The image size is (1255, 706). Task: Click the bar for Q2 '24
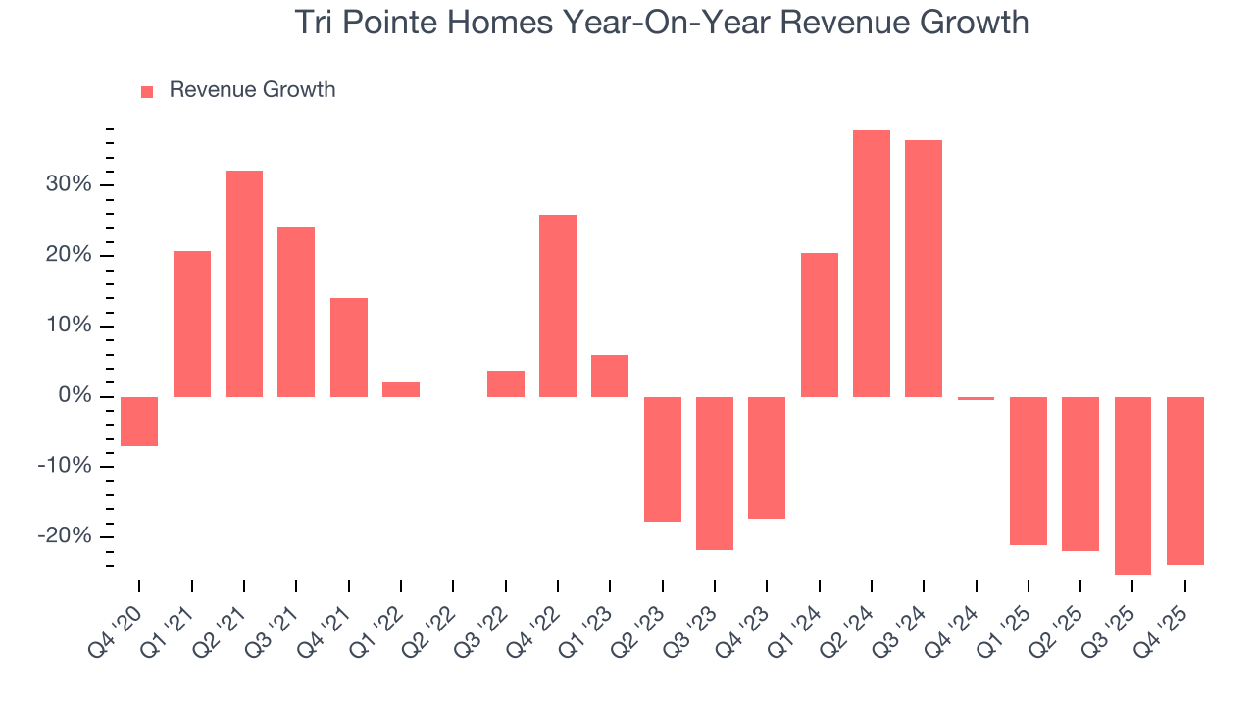[x=871, y=263]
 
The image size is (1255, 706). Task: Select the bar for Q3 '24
[x=924, y=268]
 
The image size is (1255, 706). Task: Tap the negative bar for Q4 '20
[x=139, y=421]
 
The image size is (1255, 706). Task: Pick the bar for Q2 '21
[x=244, y=283]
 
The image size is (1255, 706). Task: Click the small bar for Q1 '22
[x=401, y=389]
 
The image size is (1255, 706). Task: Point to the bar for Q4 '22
[x=558, y=305]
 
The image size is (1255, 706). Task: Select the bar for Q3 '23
[x=715, y=473]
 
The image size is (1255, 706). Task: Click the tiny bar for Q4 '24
[x=976, y=398]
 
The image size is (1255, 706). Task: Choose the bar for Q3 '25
[x=1132, y=485]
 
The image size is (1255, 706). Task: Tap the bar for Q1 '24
[x=819, y=325]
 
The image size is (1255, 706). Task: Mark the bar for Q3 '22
[x=506, y=383]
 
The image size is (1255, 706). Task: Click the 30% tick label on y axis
[x=67, y=185]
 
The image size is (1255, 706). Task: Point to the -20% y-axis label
[x=64, y=536]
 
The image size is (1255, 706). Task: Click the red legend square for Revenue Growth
[x=147, y=92]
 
